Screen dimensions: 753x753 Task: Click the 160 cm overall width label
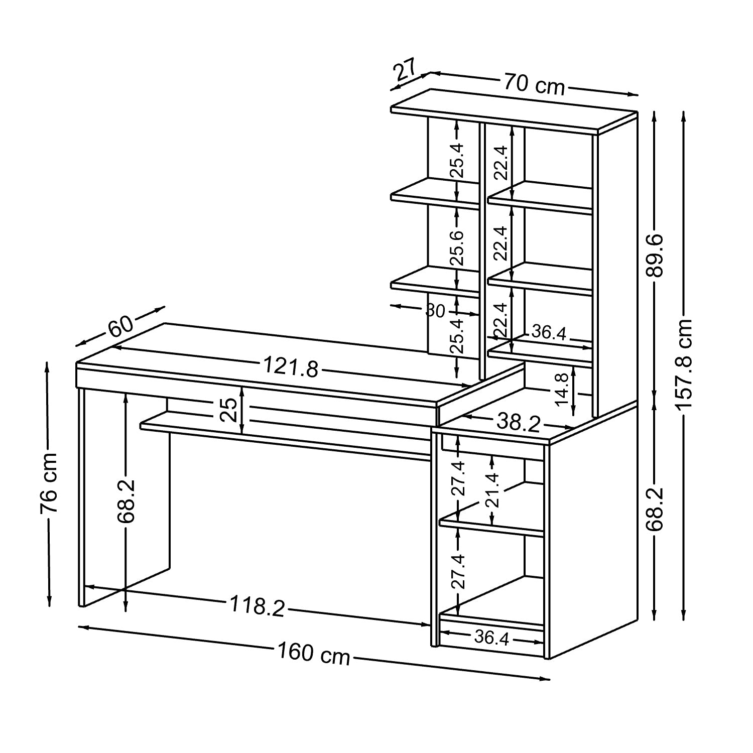314,654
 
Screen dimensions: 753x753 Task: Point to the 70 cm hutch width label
534,84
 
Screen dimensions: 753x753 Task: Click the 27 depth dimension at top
406,71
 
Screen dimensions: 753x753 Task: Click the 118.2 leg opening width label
257,605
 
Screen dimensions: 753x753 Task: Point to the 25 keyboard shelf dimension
228,410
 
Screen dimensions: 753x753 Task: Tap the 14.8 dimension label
562,389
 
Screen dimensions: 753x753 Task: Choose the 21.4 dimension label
492,491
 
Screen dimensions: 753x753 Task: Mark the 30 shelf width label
435,311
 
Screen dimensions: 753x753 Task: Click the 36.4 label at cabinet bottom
491,638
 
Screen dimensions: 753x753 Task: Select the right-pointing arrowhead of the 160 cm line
546,679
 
